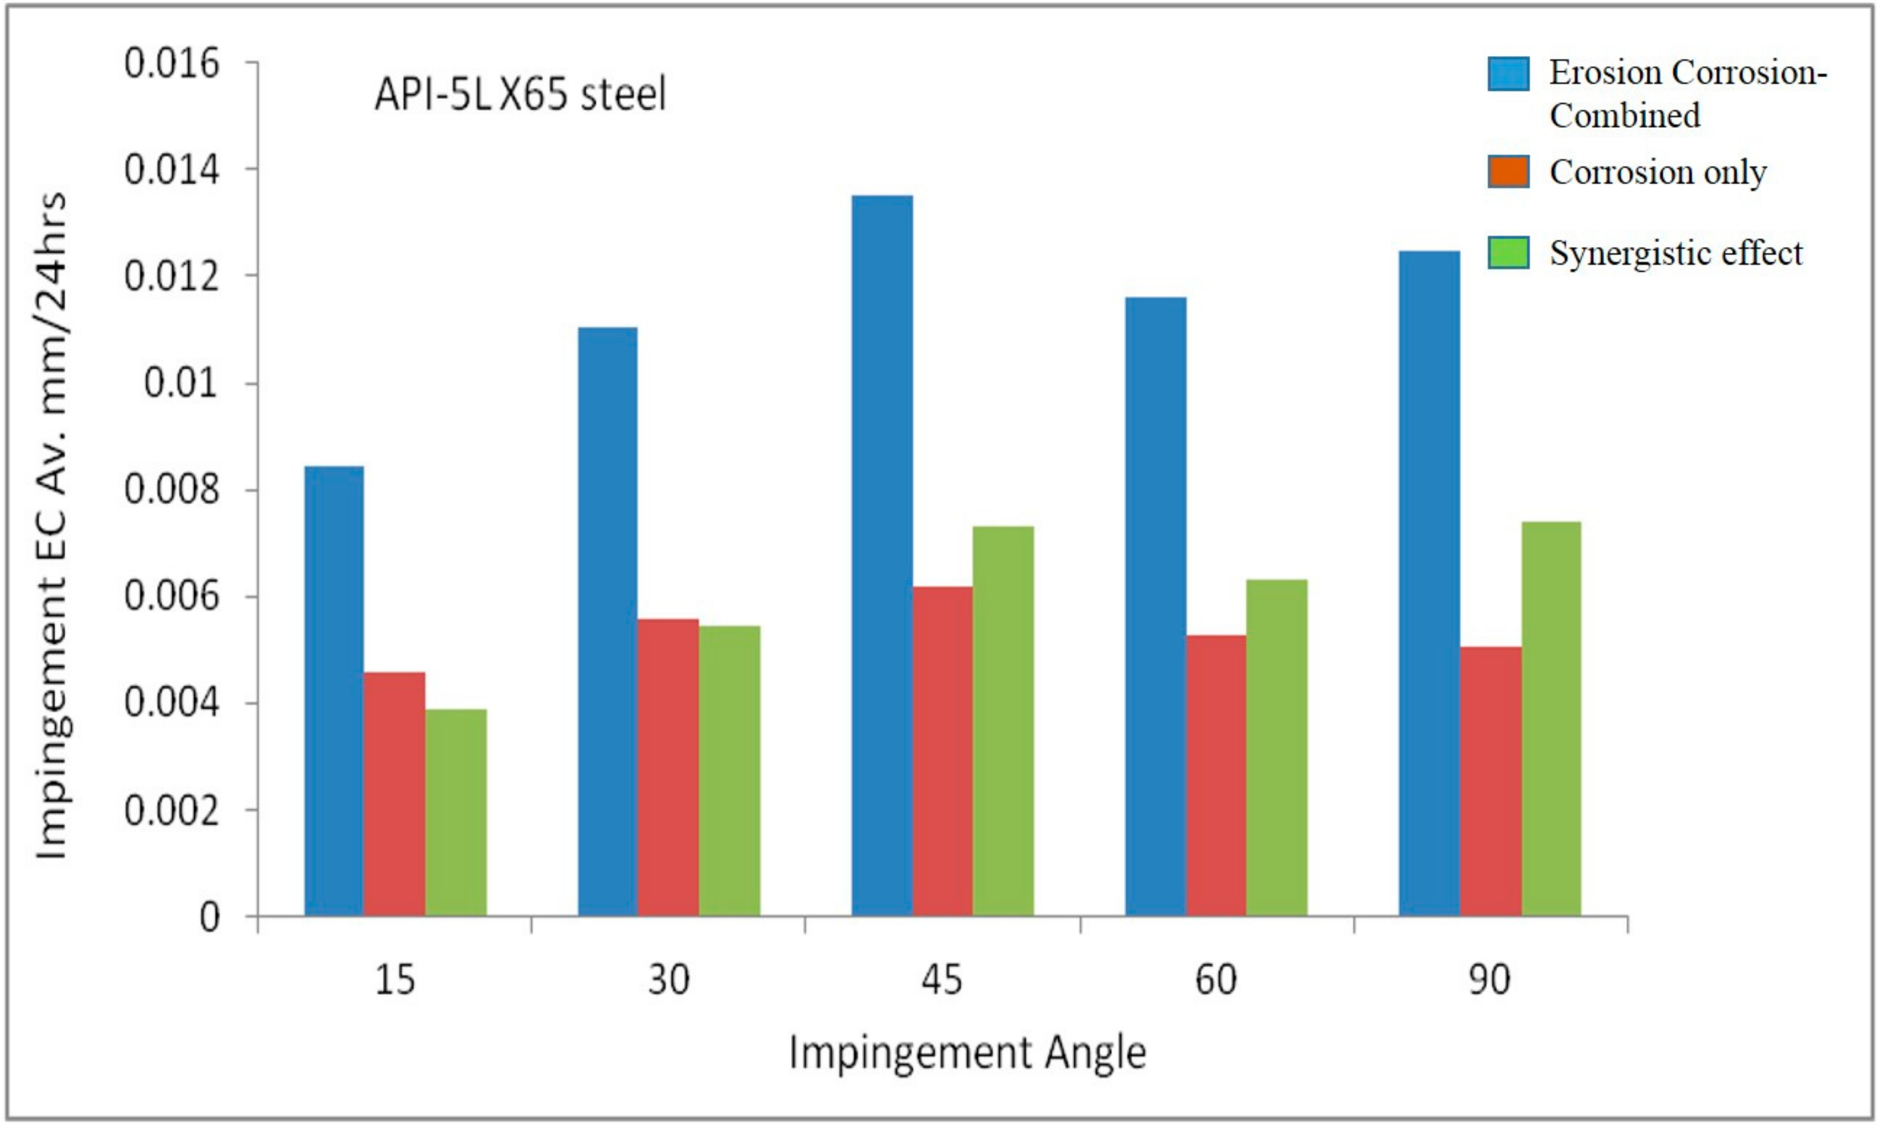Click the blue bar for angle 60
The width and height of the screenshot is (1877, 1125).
point(1155,607)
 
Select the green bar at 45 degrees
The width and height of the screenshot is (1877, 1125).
point(1003,721)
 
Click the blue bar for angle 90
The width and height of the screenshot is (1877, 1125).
point(1429,584)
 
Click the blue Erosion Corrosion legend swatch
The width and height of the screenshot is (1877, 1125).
point(1508,74)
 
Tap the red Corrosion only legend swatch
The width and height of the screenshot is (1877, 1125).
point(1508,171)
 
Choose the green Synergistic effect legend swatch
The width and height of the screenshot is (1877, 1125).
point(1508,252)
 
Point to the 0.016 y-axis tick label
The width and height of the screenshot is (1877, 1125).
point(171,64)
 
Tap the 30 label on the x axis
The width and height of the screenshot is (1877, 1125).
point(668,979)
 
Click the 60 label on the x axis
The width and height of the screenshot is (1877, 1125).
point(1216,979)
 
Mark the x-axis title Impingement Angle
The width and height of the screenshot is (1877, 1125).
point(967,1053)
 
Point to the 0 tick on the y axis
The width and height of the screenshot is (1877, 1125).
point(210,918)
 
